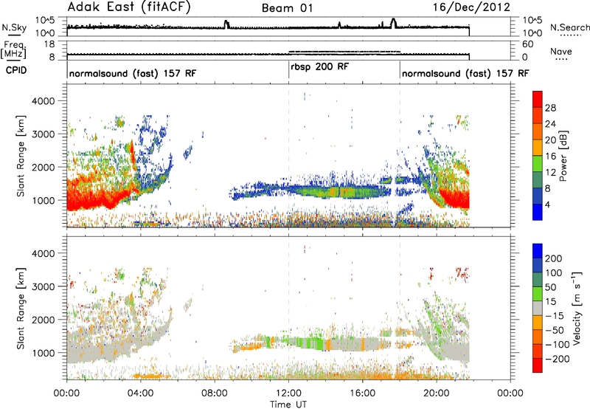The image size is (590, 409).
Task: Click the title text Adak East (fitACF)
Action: click(129, 7)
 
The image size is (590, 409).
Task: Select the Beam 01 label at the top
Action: click(287, 8)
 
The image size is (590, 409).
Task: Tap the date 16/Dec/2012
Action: click(471, 7)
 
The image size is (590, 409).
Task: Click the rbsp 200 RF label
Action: click(320, 67)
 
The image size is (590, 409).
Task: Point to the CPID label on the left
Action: click(16, 70)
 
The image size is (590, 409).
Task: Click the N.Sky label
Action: click(14, 27)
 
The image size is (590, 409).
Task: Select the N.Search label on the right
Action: click(569, 27)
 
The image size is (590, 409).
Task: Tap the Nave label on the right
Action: click(561, 51)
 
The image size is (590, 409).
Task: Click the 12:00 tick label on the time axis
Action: click(288, 393)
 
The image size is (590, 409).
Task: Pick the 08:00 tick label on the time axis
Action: click(215, 393)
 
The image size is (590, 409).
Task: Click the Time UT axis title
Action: click(288, 405)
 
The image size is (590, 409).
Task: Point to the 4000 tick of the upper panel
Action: click(44, 101)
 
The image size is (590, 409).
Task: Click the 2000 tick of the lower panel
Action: click(44, 320)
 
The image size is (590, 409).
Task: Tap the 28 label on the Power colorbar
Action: click(550, 108)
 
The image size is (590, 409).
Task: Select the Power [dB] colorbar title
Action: click(563, 156)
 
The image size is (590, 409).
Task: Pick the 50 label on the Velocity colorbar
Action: click(550, 287)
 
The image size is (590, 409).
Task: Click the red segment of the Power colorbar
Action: click(538, 100)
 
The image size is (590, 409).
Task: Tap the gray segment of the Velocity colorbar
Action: click(538, 309)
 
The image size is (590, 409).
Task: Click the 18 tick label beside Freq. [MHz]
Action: click(49, 44)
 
